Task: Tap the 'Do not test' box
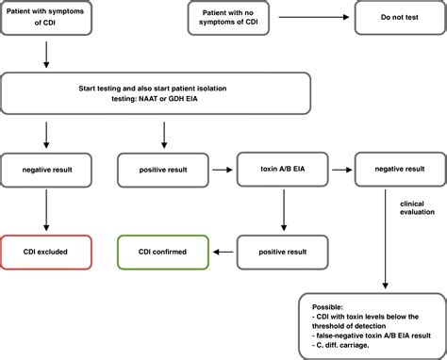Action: click(394, 18)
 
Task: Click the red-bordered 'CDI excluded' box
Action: click(46, 253)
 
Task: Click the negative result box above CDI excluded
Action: click(46, 172)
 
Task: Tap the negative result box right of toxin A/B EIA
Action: click(394, 172)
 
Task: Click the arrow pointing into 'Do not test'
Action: click(334, 18)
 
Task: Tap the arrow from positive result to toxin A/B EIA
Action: click(222, 172)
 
